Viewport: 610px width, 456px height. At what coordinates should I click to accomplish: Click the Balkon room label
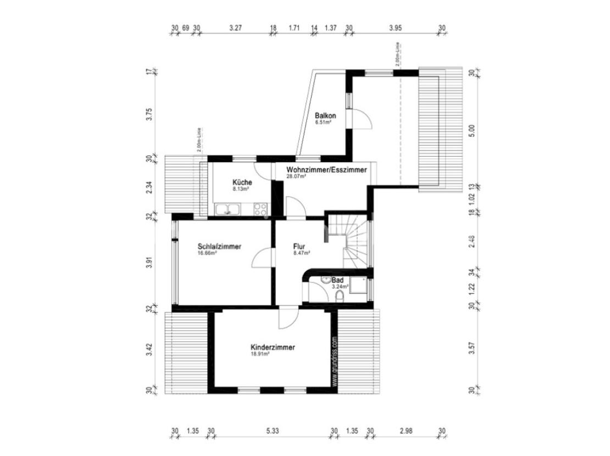tap(325, 116)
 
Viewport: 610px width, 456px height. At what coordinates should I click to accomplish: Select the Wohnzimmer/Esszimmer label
tap(326, 170)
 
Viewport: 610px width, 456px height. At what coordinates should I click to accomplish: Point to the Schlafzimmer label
tap(219, 247)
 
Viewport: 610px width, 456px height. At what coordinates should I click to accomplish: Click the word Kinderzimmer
tap(273, 347)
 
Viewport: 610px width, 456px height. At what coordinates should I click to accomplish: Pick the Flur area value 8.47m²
tap(302, 253)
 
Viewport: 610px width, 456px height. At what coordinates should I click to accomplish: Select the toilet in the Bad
tap(339, 297)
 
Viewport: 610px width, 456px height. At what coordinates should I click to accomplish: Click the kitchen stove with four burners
tap(260, 209)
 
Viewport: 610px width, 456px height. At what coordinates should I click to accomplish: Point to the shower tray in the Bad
tap(359, 286)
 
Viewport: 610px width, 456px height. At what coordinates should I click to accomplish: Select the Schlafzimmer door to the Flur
tap(263, 258)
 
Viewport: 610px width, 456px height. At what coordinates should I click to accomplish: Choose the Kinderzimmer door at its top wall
tap(287, 318)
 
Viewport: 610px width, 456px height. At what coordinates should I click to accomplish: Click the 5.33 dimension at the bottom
tap(273, 431)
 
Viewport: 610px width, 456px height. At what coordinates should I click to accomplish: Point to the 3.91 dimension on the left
tap(149, 263)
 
